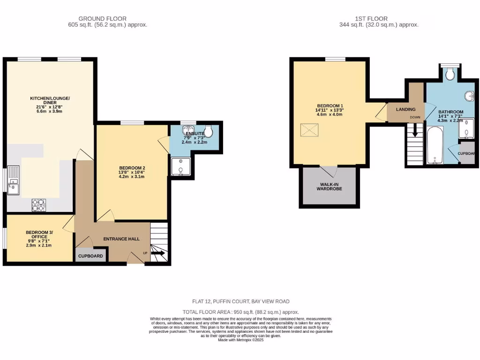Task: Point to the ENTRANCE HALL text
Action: [121, 239]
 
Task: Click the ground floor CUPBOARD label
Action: [90, 256]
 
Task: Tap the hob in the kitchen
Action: [38, 204]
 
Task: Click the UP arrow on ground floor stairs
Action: [157, 254]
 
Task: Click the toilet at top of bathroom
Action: [450, 73]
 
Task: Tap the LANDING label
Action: [405, 109]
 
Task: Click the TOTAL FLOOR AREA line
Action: [240, 312]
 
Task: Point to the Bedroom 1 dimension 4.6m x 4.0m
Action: [330, 114]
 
